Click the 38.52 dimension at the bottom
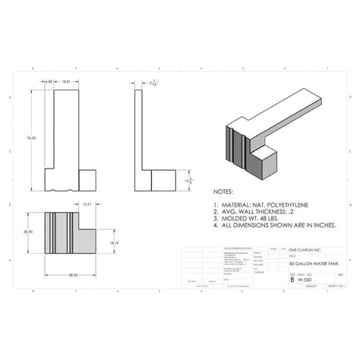(x=73, y=272)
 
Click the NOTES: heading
(x=224, y=193)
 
